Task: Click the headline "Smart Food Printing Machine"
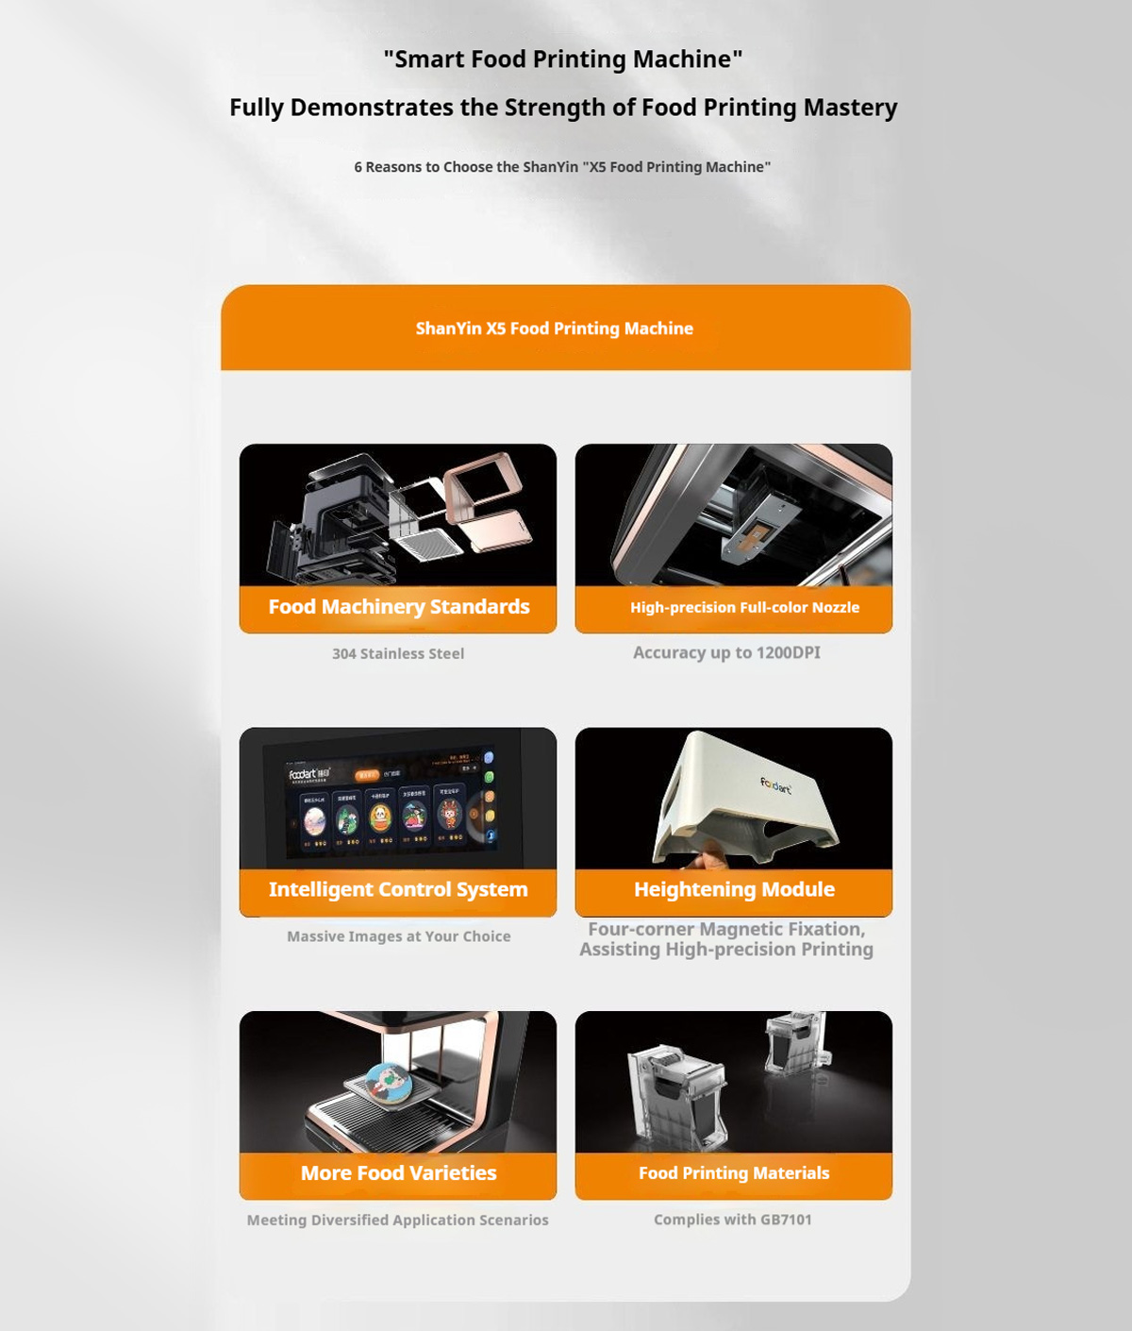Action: (x=563, y=59)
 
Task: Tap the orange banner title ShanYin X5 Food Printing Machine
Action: (x=555, y=329)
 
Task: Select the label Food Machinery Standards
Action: (x=399, y=607)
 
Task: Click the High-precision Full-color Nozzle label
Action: (x=744, y=608)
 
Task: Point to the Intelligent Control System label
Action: (x=398, y=889)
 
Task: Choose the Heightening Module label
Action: (x=734, y=889)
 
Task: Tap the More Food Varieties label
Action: (x=398, y=1173)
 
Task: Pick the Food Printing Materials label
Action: (x=734, y=1173)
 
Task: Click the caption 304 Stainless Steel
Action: (x=398, y=653)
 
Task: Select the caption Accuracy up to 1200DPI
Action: (x=726, y=652)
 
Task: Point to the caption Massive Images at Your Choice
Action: (x=399, y=936)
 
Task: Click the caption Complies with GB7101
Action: (x=733, y=1220)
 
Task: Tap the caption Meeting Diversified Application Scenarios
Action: (x=397, y=1220)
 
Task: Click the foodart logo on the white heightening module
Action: (x=776, y=784)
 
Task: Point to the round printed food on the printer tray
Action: (x=388, y=1081)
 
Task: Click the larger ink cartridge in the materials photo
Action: (x=677, y=1095)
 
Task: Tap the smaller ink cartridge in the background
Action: (x=796, y=1043)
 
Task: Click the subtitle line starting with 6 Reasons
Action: (x=562, y=167)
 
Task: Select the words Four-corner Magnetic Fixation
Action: (x=726, y=929)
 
